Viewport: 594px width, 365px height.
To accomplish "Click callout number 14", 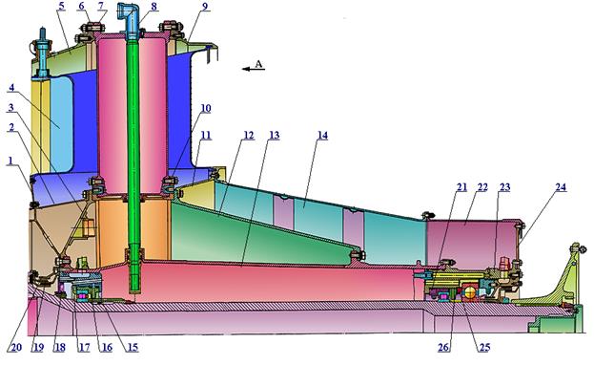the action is pyautogui.click(x=322, y=136).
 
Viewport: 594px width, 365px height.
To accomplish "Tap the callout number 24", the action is pyautogui.click(x=561, y=187).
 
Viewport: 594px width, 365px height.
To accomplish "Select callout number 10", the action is pyautogui.click(x=205, y=108).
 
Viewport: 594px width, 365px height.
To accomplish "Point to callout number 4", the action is pyautogui.click(x=11, y=88).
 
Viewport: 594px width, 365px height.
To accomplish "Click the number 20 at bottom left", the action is pyautogui.click(x=14, y=347).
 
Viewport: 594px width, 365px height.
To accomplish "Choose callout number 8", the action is pyautogui.click(x=154, y=7).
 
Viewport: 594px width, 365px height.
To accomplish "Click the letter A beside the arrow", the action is pyautogui.click(x=258, y=64).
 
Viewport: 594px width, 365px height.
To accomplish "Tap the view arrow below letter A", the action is pyautogui.click(x=254, y=69).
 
